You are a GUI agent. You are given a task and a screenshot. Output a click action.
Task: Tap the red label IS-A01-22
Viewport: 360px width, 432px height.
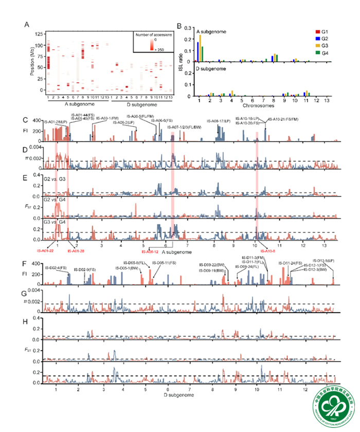[47, 250]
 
